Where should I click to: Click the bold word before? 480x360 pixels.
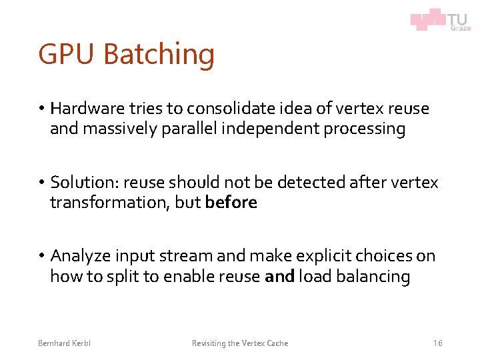(x=231, y=203)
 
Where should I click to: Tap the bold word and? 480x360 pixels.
(x=279, y=277)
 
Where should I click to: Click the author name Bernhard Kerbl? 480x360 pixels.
(x=65, y=343)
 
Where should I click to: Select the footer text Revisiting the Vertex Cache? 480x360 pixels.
(x=240, y=343)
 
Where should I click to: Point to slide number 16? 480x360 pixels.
(x=437, y=343)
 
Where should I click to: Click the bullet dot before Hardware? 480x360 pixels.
(x=41, y=109)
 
